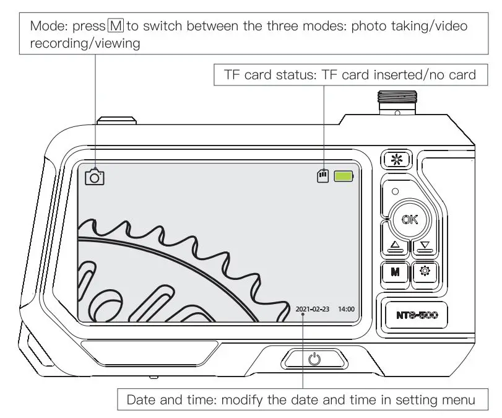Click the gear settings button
pos(425,271)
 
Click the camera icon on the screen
pos(94,177)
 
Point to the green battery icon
pos(344,176)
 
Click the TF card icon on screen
pos(322,176)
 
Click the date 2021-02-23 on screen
pos(313,308)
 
